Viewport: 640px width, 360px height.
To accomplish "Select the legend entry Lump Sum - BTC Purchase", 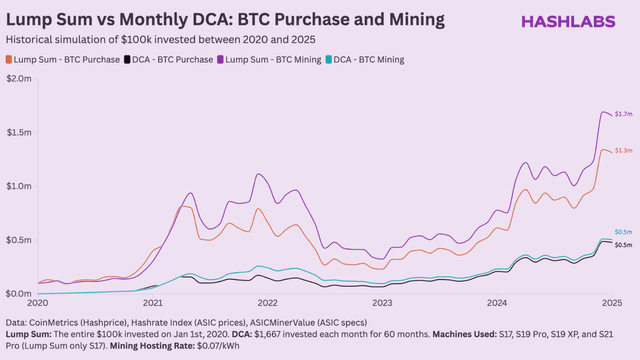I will coord(62,60).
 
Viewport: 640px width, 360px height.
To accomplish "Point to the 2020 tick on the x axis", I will coord(38,303).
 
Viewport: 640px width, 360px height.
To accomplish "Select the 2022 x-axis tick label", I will coord(267,303).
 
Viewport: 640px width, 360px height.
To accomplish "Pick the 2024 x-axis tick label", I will coord(497,303).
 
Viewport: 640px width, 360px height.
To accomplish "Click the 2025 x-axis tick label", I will coord(611,303).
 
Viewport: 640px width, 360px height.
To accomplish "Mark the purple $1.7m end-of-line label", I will coord(622,116).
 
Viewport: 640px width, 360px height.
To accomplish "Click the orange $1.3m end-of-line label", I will coord(622,151).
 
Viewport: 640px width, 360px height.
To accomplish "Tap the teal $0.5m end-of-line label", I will coord(622,232).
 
